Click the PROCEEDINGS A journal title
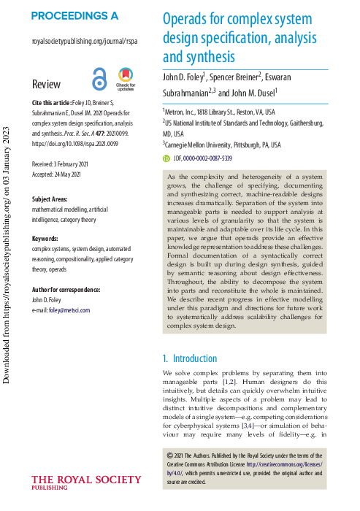[74, 15]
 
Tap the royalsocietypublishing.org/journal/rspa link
[85, 42]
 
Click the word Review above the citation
[47, 84]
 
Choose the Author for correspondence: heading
[66, 290]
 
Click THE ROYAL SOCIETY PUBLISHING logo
[86, 483]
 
